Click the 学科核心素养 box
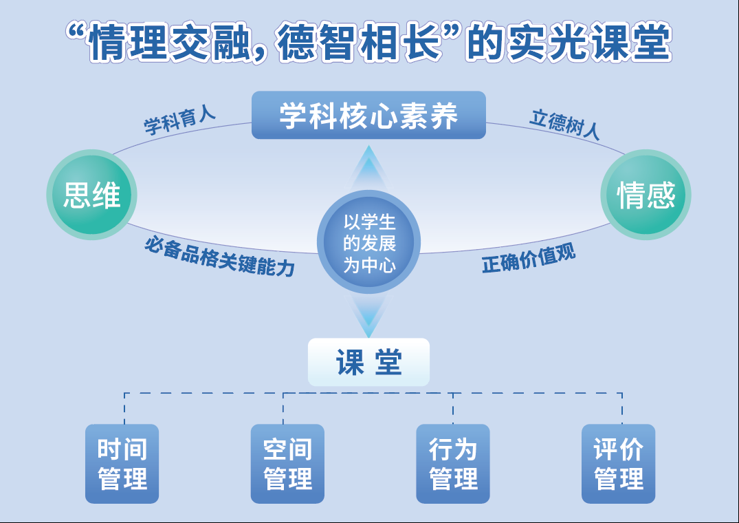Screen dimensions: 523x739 click(x=368, y=116)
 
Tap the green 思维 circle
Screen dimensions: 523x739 click(x=91, y=195)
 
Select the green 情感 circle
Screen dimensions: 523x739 click(x=646, y=195)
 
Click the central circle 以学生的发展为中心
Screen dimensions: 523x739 click(x=369, y=242)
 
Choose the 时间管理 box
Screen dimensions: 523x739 click(x=122, y=463)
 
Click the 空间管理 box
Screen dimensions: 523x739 click(x=287, y=463)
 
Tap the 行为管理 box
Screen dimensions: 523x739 click(x=453, y=463)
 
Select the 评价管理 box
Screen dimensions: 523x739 click(x=619, y=463)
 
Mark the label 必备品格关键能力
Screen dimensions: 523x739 click(x=219, y=257)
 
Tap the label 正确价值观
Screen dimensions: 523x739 click(x=528, y=259)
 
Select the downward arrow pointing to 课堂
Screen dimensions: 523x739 click(x=369, y=316)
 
